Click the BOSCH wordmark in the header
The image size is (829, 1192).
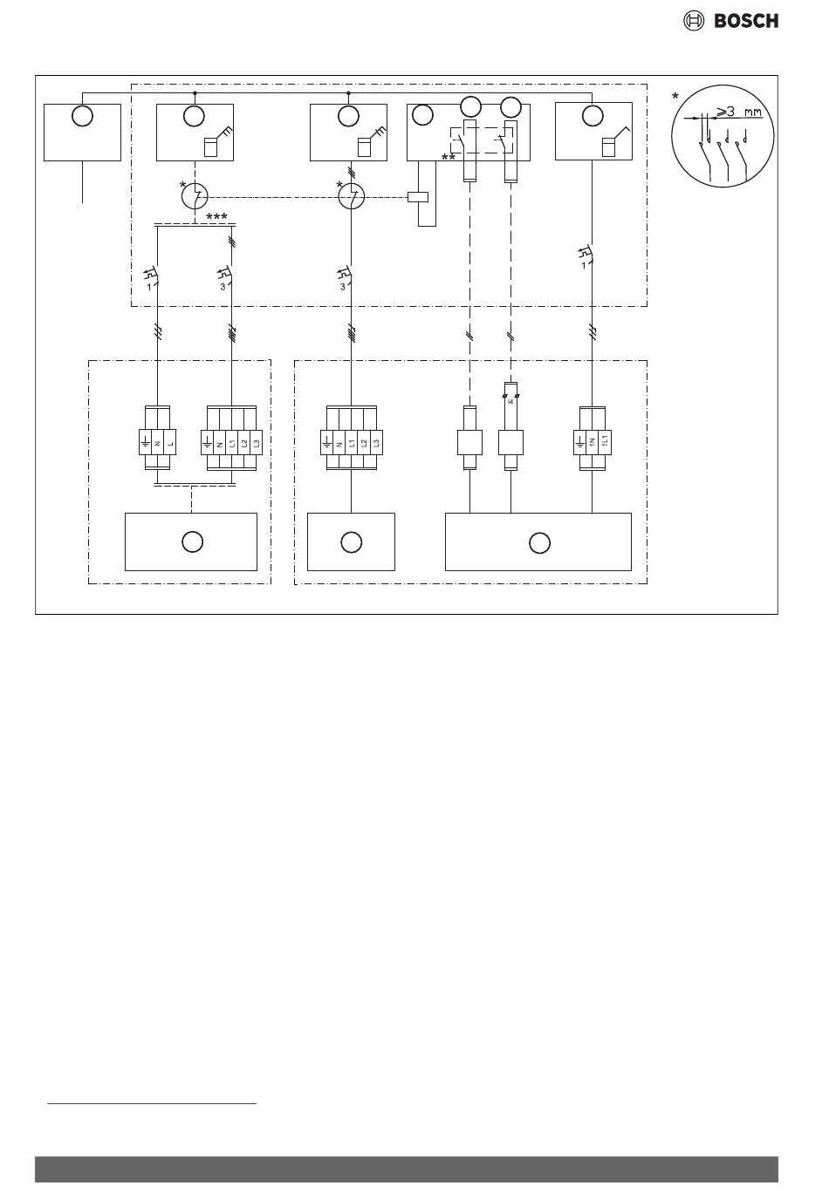(746, 22)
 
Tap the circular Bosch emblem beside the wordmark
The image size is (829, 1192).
(693, 22)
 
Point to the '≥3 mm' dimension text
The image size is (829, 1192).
(738, 112)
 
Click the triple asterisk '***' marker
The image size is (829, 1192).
(217, 216)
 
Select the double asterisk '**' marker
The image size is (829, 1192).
(449, 158)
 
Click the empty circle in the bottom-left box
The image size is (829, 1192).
(192, 542)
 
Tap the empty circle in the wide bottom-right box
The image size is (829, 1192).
(538, 542)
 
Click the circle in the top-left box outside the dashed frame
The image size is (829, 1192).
(82, 116)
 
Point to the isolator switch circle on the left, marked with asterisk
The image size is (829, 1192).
(194, 197)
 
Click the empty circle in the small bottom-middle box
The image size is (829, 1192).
(351, 542)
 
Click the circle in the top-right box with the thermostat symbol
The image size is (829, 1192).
(593, 116)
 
